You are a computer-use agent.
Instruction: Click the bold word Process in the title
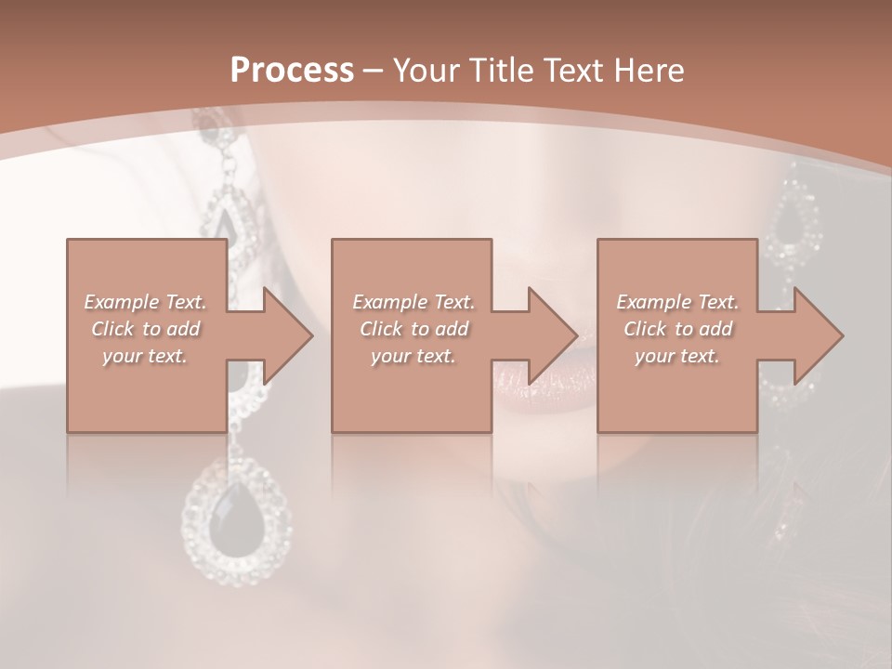tap(292, 71)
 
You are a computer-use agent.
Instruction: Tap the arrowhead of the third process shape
tap(818, 335)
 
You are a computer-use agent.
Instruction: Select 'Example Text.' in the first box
tap(145, 302)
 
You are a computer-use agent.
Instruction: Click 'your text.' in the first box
tap(145, 356)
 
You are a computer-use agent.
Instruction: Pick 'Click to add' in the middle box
tap(413, 329)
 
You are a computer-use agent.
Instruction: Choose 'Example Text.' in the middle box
tap(413, 302)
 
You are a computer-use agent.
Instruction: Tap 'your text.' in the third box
tap(677, 356)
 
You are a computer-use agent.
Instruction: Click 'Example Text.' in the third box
tap(677, 302)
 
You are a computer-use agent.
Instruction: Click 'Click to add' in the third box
tap(677, 329)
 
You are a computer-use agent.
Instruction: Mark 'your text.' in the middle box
tap(413, 356)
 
